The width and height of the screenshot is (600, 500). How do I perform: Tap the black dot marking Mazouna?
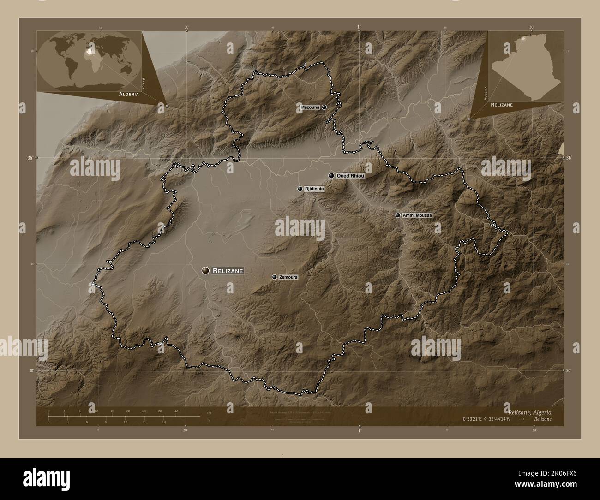(x=324, y=107)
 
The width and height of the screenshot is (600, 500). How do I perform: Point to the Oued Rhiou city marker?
(x=331, y=175)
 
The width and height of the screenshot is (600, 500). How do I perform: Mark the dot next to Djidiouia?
(x=300, y=189)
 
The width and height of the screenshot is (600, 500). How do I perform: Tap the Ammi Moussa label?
(x=417, y=215)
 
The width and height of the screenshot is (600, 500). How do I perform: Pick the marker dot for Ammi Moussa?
(x=398, y=215)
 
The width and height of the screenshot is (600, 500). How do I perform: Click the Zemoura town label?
(x=288, y=277)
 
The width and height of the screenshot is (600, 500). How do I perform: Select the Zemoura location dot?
(x=275, y=277)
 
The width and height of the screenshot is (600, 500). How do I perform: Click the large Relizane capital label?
(x=228, y=271)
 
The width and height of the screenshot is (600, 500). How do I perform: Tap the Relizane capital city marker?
(x=205, y=271)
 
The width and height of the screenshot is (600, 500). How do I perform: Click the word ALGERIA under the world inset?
(x=129, y=94)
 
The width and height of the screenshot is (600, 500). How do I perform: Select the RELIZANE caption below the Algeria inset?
(x=502, y=105)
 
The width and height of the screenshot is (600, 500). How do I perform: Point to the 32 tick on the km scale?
(x=176, y=411)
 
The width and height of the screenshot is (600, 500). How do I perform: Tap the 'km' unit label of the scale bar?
(x=209, y=412)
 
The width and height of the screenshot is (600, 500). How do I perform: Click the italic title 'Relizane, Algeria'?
(x=529, y=411)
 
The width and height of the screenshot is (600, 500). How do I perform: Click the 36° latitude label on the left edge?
(x=30, y=158)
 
